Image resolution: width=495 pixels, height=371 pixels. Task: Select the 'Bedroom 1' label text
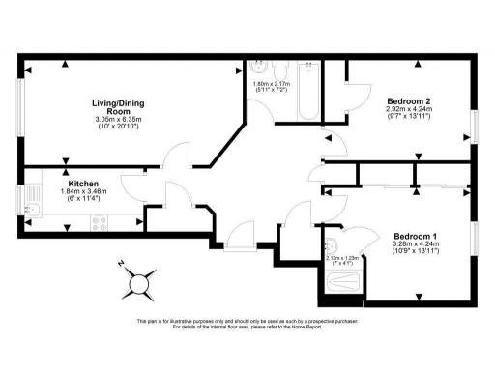tap(416, 235)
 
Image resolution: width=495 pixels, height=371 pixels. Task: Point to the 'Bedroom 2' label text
tap(409, 101)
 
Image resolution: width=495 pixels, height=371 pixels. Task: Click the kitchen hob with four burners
tap(98, 223)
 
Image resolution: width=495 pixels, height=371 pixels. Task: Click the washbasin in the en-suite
tap(332, 244)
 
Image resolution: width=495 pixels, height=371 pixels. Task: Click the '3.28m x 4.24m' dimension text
tap(417, 243)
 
